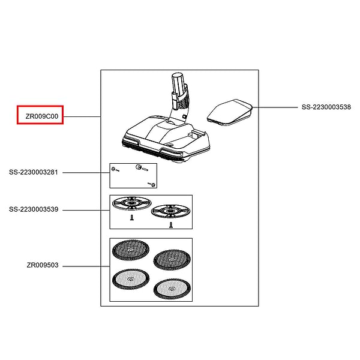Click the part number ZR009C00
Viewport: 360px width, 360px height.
(42, 116)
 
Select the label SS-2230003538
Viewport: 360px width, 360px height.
(326, 107)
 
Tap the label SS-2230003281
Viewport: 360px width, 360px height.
(34, 172)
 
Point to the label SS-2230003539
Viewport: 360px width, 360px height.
(34, 209)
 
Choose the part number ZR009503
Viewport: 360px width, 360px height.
(43, 265)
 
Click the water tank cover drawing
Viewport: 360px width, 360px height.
(230, 112)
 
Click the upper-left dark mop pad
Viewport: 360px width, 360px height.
(131, 250)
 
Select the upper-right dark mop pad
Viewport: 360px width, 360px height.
(172, 260)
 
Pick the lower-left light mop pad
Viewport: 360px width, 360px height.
(131, 279)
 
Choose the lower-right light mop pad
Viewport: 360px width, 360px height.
(172, 289)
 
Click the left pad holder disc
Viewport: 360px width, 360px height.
(132, 203)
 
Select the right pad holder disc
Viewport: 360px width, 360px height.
(171, 211)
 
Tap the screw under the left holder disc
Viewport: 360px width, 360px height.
(132, 217)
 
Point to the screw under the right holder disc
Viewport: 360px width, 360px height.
(171, 225)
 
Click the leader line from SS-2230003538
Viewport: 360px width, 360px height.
(275, 107)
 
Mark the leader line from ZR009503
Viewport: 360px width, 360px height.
(86, 266)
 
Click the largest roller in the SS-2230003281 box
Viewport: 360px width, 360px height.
(139, 167)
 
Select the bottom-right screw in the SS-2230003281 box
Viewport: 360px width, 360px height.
(152, 184)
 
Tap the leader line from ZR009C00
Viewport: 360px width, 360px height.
(82, 116)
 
